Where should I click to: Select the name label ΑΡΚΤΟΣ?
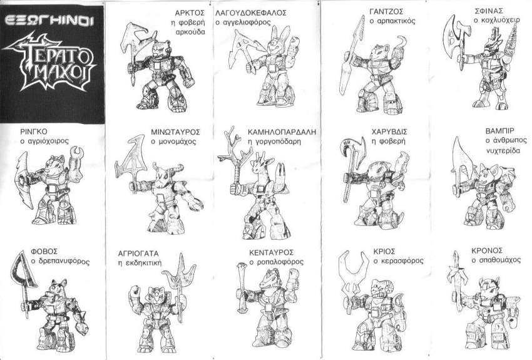pyautogui.click(x=190, y=13)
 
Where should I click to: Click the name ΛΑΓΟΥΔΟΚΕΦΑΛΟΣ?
pyautogui.click(x=251, y=13)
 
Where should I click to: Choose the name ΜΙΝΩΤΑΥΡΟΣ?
pyautogui.click(x=175, y=131)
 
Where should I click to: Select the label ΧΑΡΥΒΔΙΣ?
pyautogui.click(x=389, y=131)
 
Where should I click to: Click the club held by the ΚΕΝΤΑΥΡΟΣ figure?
pyautogui.click(x=242, y=288)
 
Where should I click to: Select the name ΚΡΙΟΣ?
pyautogui.click(x=384, y=252)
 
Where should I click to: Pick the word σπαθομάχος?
pyautogui.click(x=496, y=260)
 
